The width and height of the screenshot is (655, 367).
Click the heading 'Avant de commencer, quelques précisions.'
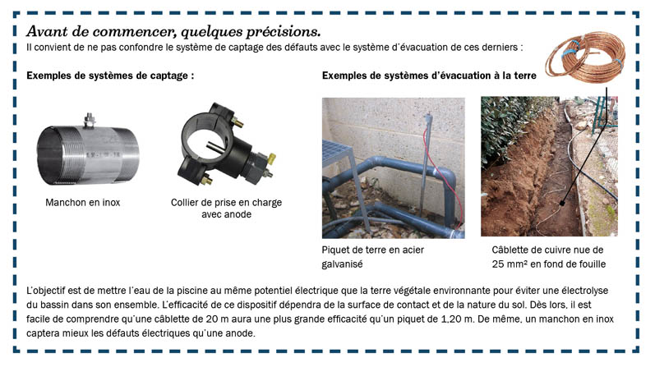point(173,32)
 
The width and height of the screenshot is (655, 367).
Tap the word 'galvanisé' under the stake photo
point(343,264)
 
